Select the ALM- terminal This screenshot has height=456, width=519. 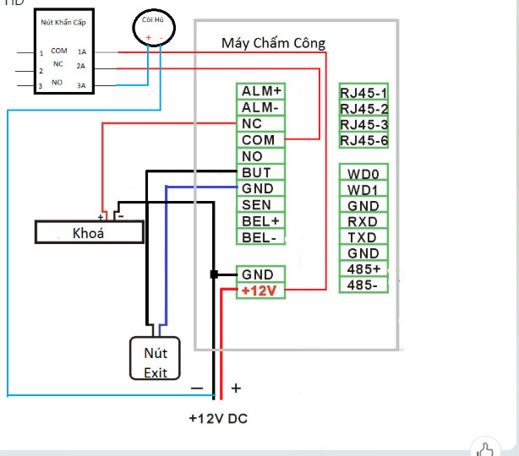click(x=260, y=107)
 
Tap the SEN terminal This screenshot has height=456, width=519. click(x=256, y=204)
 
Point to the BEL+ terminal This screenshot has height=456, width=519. click(x=260, y=220)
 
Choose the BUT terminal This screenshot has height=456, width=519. click(x=256, y=172)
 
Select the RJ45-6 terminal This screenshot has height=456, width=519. click(x=363, y=140)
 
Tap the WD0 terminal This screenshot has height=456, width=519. click(x=363, y=174)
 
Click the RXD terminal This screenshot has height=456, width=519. click(x=363, y=222)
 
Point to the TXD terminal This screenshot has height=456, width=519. click(x=363, y=238)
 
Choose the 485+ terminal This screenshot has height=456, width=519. click(x=363, y=269)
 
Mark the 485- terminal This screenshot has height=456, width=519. click(x=363, y=285)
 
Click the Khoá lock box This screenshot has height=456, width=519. click(x=89, y=233)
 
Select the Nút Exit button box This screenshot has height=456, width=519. click(x=155, y=359)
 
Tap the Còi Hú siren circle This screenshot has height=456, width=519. click(x=154, y=30)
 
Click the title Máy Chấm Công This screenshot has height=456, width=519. click(x=273, y=43)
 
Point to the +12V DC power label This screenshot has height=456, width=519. click(x=218, y=418)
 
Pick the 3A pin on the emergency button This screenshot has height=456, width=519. click(x=81, y=85)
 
